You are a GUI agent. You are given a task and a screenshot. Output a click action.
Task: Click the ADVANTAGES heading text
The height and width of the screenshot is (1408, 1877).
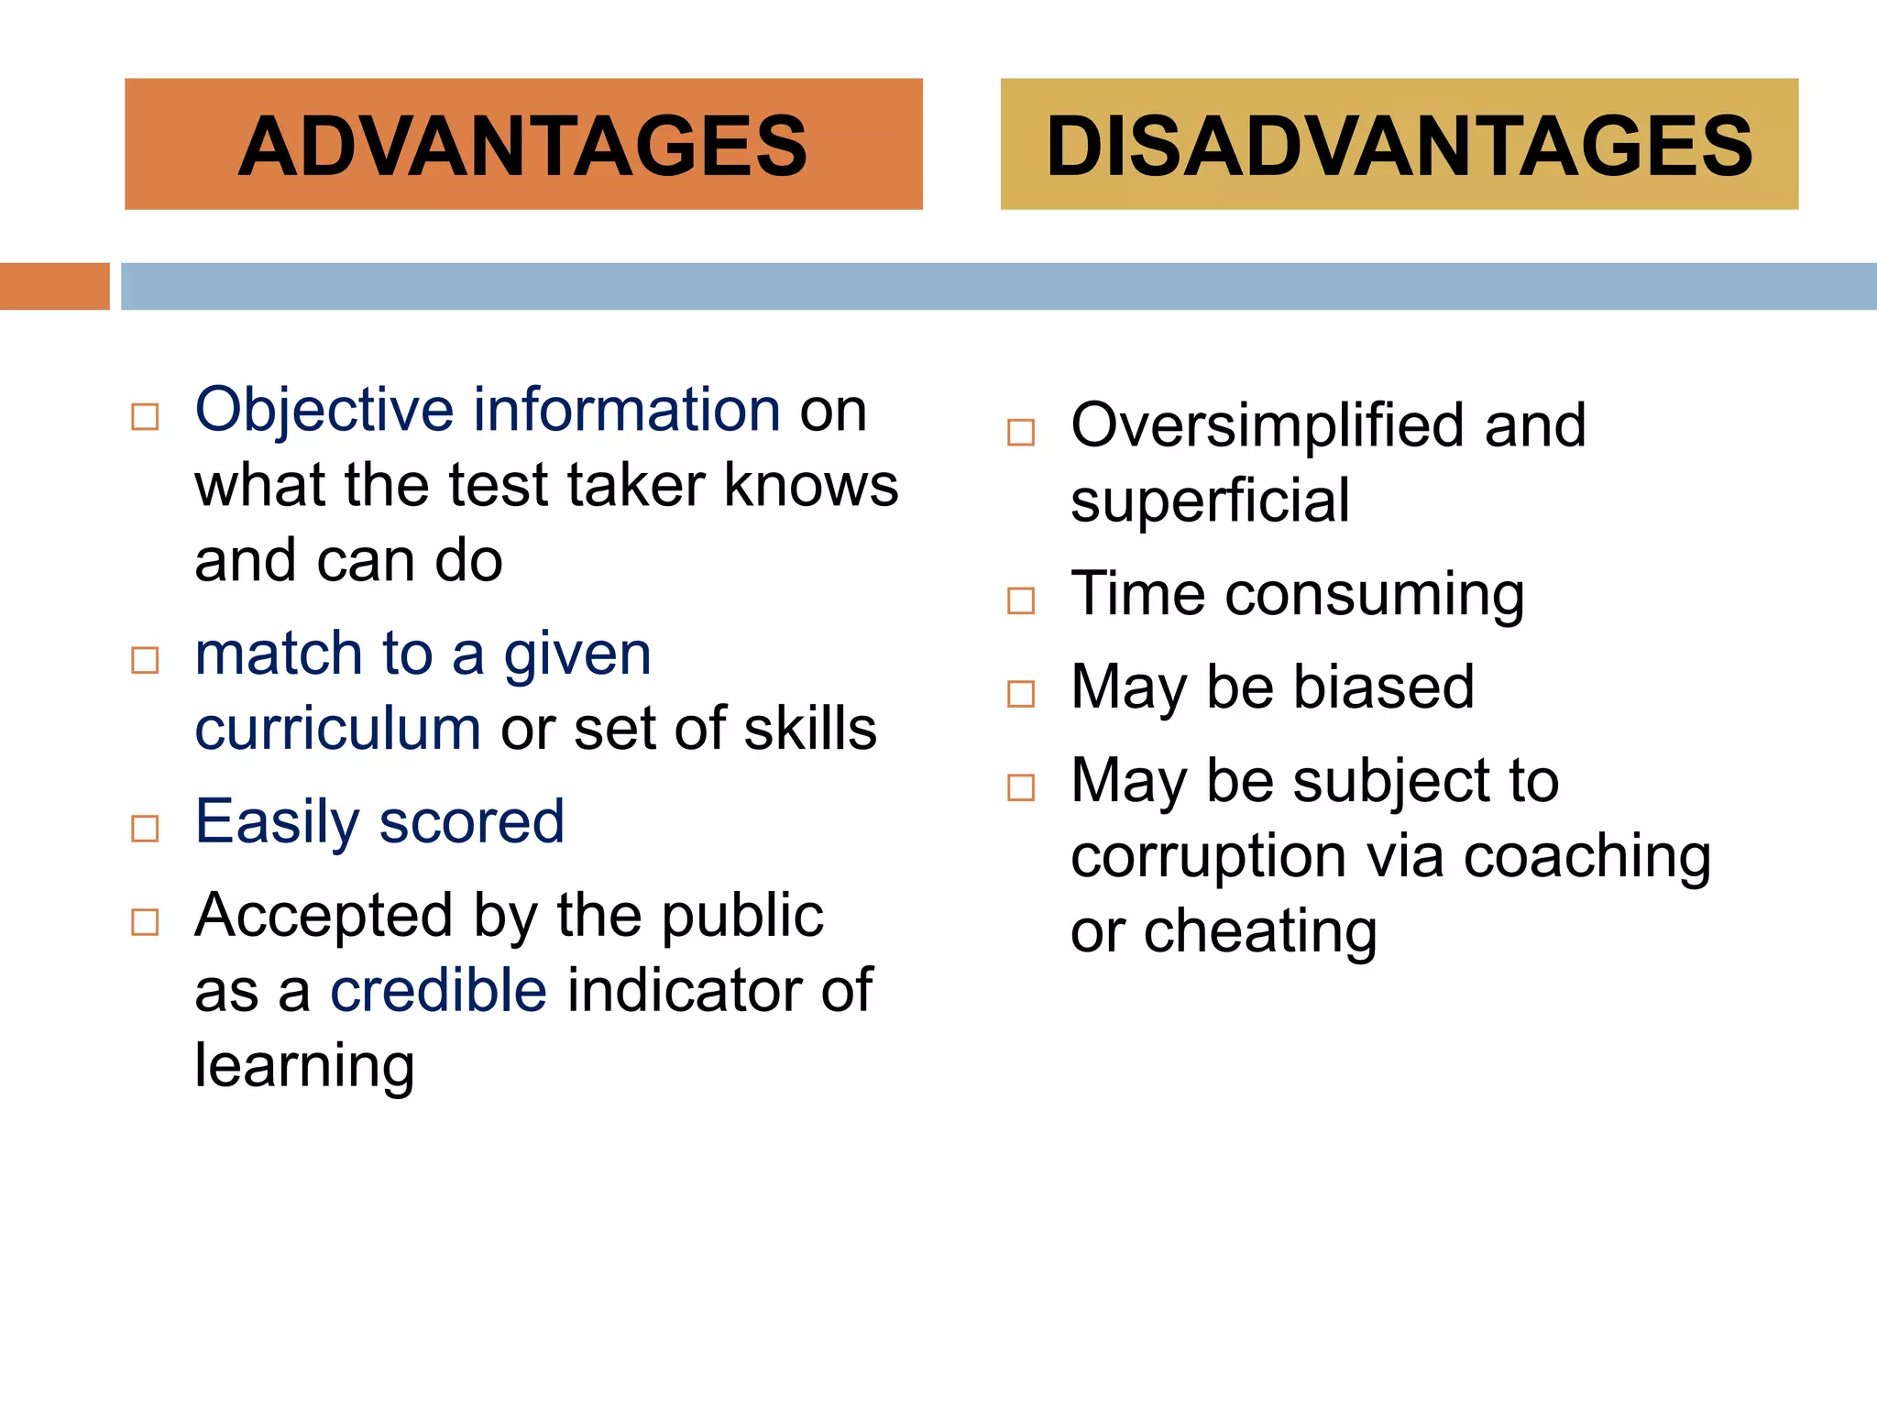coord(522,146)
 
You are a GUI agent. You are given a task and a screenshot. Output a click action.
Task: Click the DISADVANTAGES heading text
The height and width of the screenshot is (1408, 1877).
coord(1399,146)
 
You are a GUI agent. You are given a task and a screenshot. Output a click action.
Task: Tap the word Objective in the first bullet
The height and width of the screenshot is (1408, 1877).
coord(324,410)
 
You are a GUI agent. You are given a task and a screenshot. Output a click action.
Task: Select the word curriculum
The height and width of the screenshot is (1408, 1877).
coord(337,730)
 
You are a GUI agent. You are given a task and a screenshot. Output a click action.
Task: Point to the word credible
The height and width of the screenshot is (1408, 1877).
coord(438,992)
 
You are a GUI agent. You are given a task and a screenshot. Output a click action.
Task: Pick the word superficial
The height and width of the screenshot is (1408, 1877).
coord(1210,501)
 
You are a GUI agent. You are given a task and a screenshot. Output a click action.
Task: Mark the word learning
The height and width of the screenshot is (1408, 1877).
coord(304,1067)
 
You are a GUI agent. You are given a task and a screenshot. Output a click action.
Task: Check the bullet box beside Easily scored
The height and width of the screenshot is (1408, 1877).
coord(145,829)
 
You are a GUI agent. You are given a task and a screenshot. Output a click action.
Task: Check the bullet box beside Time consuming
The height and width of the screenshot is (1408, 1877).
coord(1020,601)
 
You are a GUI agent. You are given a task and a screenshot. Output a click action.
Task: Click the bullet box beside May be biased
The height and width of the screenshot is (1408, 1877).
coord(1020,694)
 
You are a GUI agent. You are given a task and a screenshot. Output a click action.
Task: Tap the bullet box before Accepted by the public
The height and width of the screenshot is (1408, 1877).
coord(145,922)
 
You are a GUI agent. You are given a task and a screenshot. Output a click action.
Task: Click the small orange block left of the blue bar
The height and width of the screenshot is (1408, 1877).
coord(54,286)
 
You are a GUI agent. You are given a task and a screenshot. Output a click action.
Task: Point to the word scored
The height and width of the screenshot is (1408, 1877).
coord(471,822)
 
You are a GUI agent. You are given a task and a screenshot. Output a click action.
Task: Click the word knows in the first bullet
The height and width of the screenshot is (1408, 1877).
coord(811,485)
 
